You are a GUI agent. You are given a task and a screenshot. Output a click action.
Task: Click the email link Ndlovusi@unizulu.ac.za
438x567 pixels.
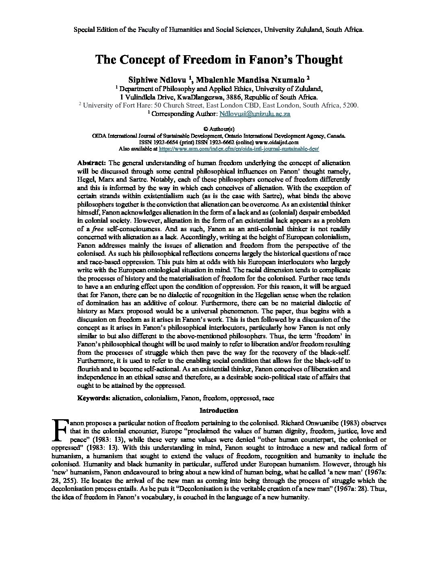[x=254, y=114]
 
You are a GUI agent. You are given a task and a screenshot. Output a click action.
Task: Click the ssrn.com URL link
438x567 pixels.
[x=239, y=149]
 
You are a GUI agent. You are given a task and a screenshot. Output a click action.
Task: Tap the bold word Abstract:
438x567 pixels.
[x=91, y=163]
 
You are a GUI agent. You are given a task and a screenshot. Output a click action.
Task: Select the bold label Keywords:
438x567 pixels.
[x=93, y=398]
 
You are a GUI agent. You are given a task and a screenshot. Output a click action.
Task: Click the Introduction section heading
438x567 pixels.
[x=219, y=410]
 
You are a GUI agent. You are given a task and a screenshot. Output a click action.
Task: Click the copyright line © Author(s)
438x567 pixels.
[x=219, y=129]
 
